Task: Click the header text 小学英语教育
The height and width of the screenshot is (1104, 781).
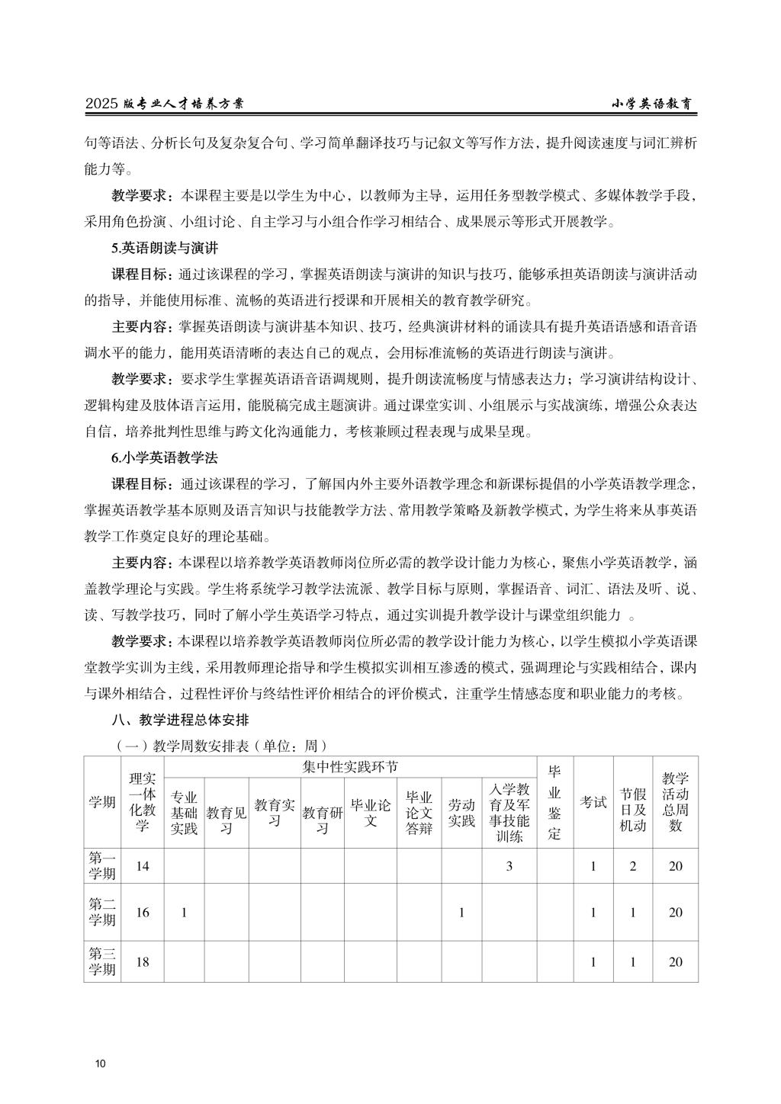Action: [655, 104]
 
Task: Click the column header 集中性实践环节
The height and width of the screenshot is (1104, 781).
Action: [350, 766]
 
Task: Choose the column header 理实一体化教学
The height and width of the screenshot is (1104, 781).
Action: [143, 801]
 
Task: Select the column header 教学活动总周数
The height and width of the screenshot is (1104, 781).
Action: [675, 801]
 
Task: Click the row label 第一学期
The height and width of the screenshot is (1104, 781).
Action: [102, 865]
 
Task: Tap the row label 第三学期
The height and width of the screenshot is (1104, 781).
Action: [102, 961]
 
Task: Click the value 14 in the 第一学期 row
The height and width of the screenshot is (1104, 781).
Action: [143, 866]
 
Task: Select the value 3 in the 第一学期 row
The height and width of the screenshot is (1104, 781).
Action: [509, 866]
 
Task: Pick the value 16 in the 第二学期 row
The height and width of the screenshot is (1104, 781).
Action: [143, 913]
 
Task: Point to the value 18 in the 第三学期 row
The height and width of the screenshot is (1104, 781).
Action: [143, 961]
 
